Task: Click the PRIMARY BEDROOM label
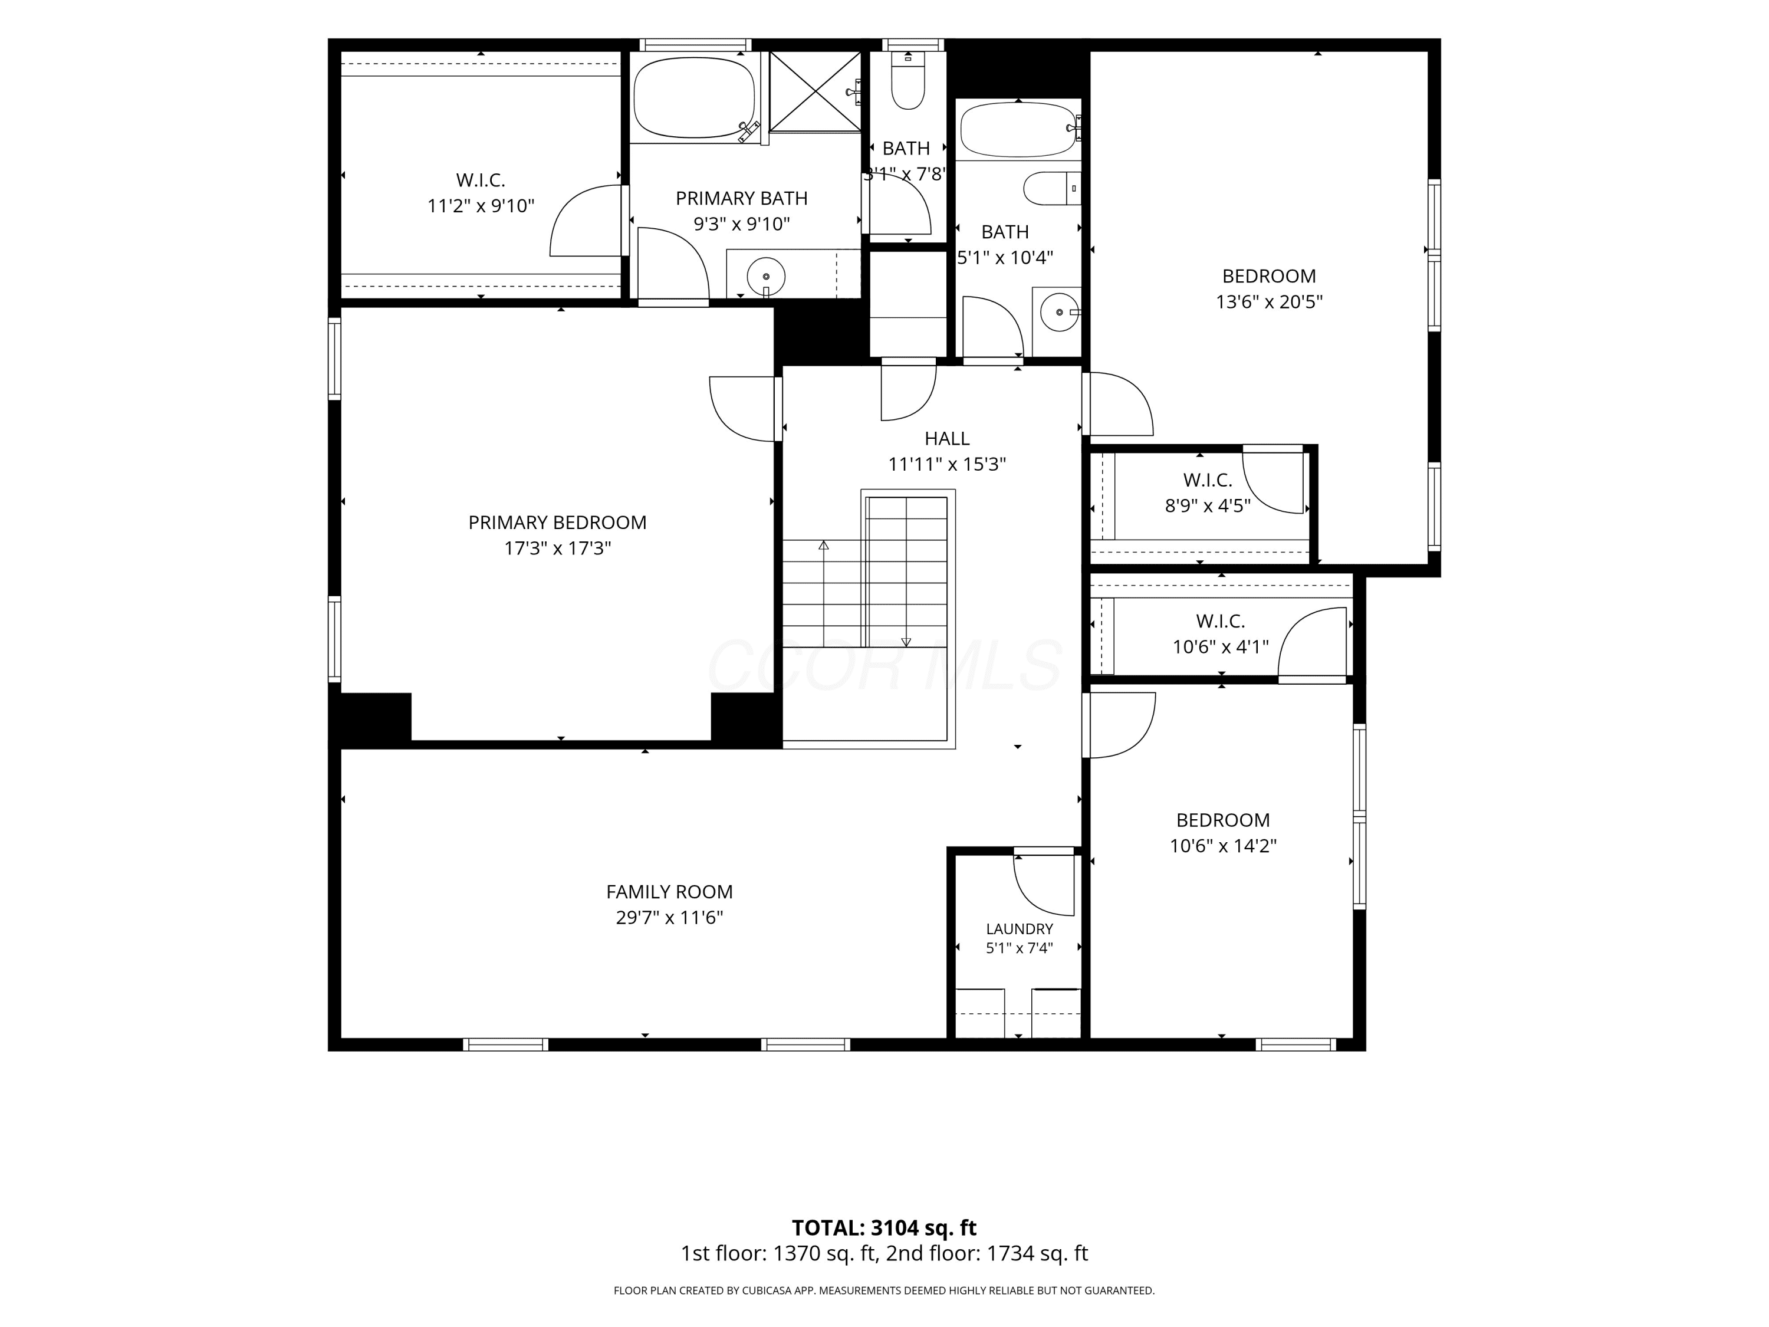point(557,523)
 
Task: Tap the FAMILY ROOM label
point(669,892)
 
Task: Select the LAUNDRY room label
point(1020,929)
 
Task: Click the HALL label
point(947,438)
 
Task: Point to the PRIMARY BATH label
point(741,198)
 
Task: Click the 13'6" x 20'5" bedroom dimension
point(1269,301)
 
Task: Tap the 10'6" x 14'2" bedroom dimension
point(1223,846)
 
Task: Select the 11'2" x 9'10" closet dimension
point(481,206)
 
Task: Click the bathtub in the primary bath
point(694,97)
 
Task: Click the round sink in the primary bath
point(766,277)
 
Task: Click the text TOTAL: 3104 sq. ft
point(884,1228)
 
